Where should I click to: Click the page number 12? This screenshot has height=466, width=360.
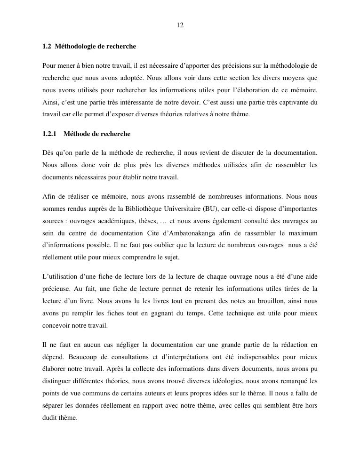pos(180,25)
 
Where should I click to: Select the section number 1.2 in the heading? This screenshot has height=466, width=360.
pos(46,47)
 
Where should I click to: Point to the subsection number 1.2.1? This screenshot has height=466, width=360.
pos(49,134)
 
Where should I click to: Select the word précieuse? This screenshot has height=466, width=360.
pos(55,289)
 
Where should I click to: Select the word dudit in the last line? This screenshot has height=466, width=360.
pos(50,418)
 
